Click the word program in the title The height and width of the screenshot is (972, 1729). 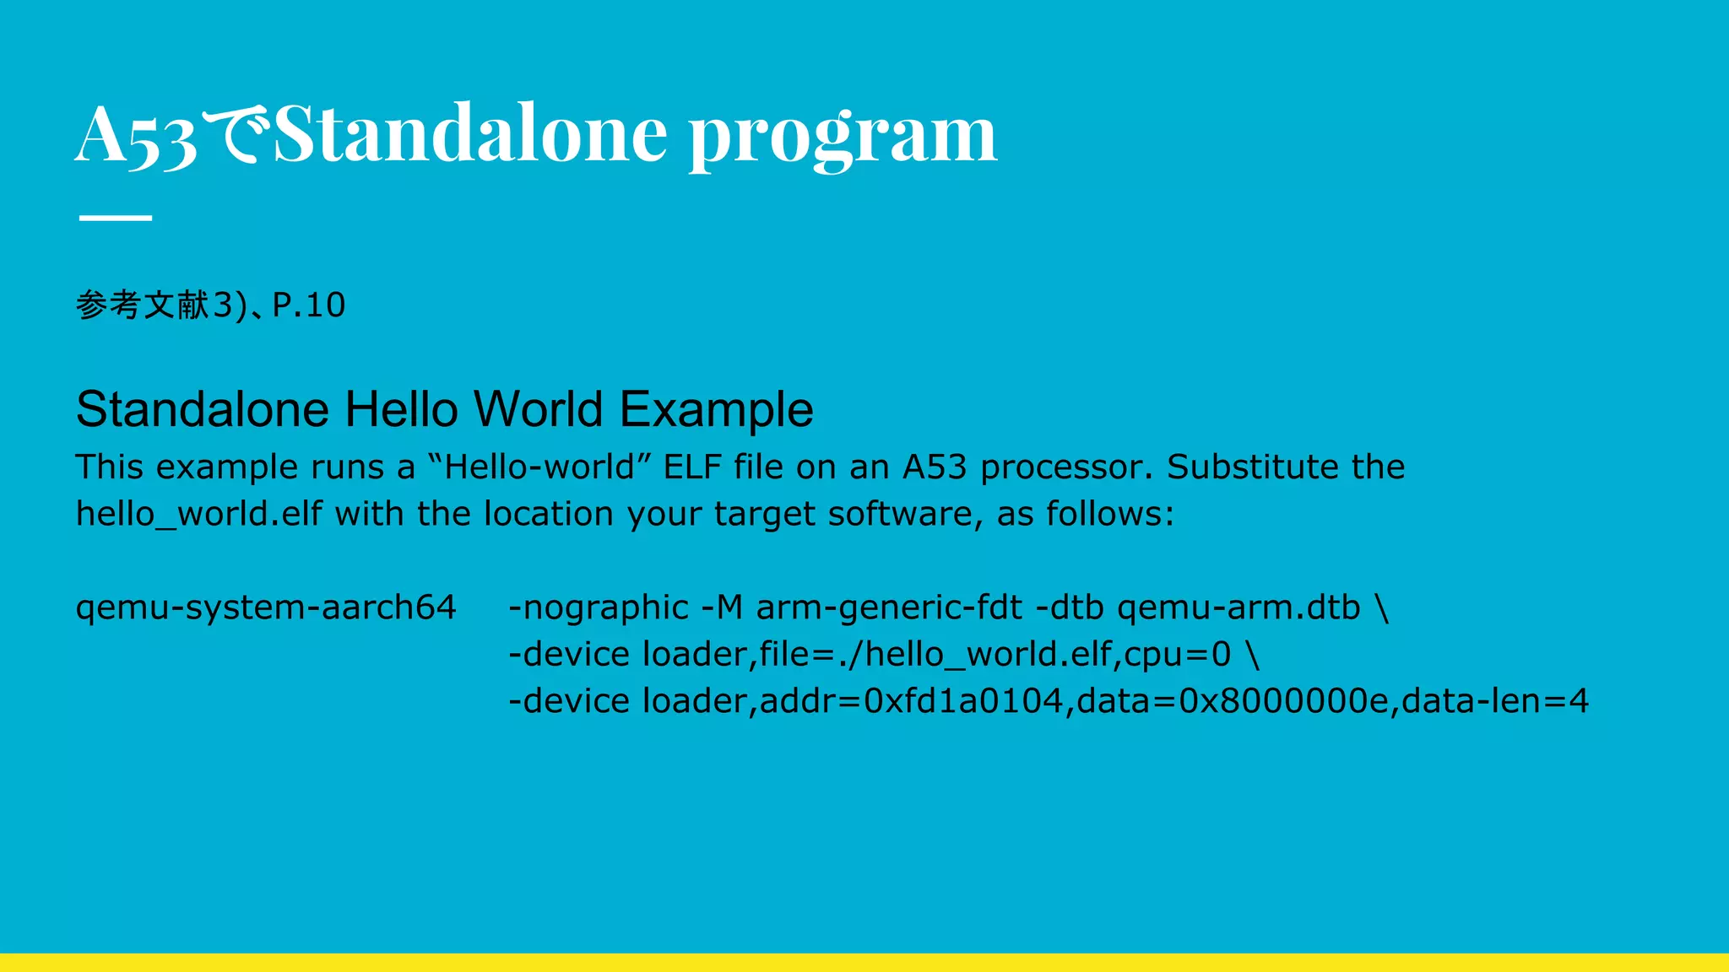click(x=842, y=135)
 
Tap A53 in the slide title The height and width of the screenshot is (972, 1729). click(x=135, y=135)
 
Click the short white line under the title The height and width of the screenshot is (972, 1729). click(x=115, y=218)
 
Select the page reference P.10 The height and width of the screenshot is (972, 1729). click(x=308, y=305)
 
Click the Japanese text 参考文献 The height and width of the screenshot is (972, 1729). click(x=143, y=305)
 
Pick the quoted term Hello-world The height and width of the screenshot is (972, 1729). click(x=539, y=467)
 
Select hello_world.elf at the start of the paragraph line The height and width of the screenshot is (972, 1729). click(x=199, y=514)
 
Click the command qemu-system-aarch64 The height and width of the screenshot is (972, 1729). click(x=266, y=607)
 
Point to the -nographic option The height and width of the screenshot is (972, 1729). click(x=599, y=607)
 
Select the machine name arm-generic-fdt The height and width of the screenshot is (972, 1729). click(x=889, y=607)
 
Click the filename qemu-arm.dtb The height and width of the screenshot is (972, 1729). click(x=1238, y=607)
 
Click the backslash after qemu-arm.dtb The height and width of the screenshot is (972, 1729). click(x=1382, y=608)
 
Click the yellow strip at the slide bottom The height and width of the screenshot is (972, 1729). click(x=864, y=963)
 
